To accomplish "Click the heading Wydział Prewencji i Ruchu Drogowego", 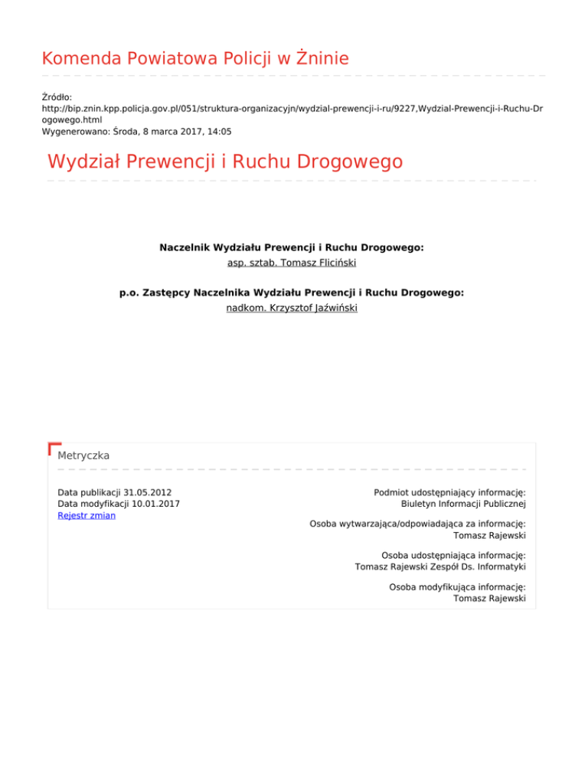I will pos(224,162).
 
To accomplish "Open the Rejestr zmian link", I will pos(87,514).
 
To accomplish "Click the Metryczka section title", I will pos(83,455).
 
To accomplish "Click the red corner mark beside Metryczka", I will pos(53,447).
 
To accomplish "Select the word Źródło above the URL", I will pos(56,97).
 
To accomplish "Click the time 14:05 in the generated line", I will pos(219,131).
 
